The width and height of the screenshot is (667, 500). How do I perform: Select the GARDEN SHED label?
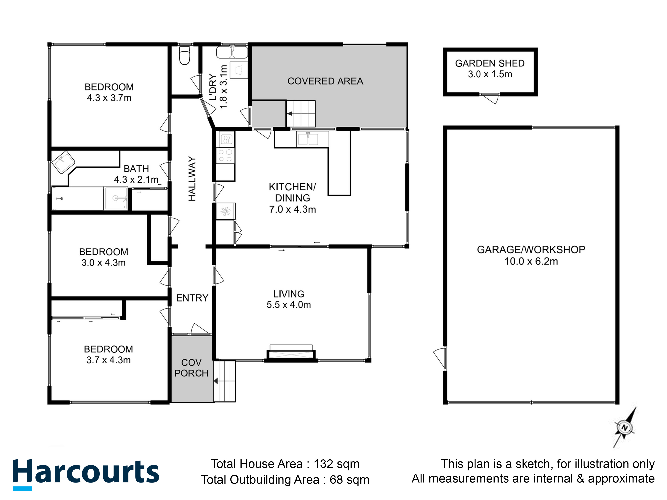coord(490,63)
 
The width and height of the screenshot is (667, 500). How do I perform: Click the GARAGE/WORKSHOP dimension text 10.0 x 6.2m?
coord(531,261)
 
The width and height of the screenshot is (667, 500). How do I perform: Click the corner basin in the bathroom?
coord(63,162)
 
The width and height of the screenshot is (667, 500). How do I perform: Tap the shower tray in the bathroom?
coord(116,198)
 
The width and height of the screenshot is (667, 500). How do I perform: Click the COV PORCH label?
coord(191,368)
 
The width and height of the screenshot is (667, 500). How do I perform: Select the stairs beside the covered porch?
coord(225,381)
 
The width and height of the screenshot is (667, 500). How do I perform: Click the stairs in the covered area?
coord(301,114)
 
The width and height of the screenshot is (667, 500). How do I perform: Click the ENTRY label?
coord(192,298)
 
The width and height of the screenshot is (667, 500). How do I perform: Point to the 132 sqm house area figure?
coord(336,464)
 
